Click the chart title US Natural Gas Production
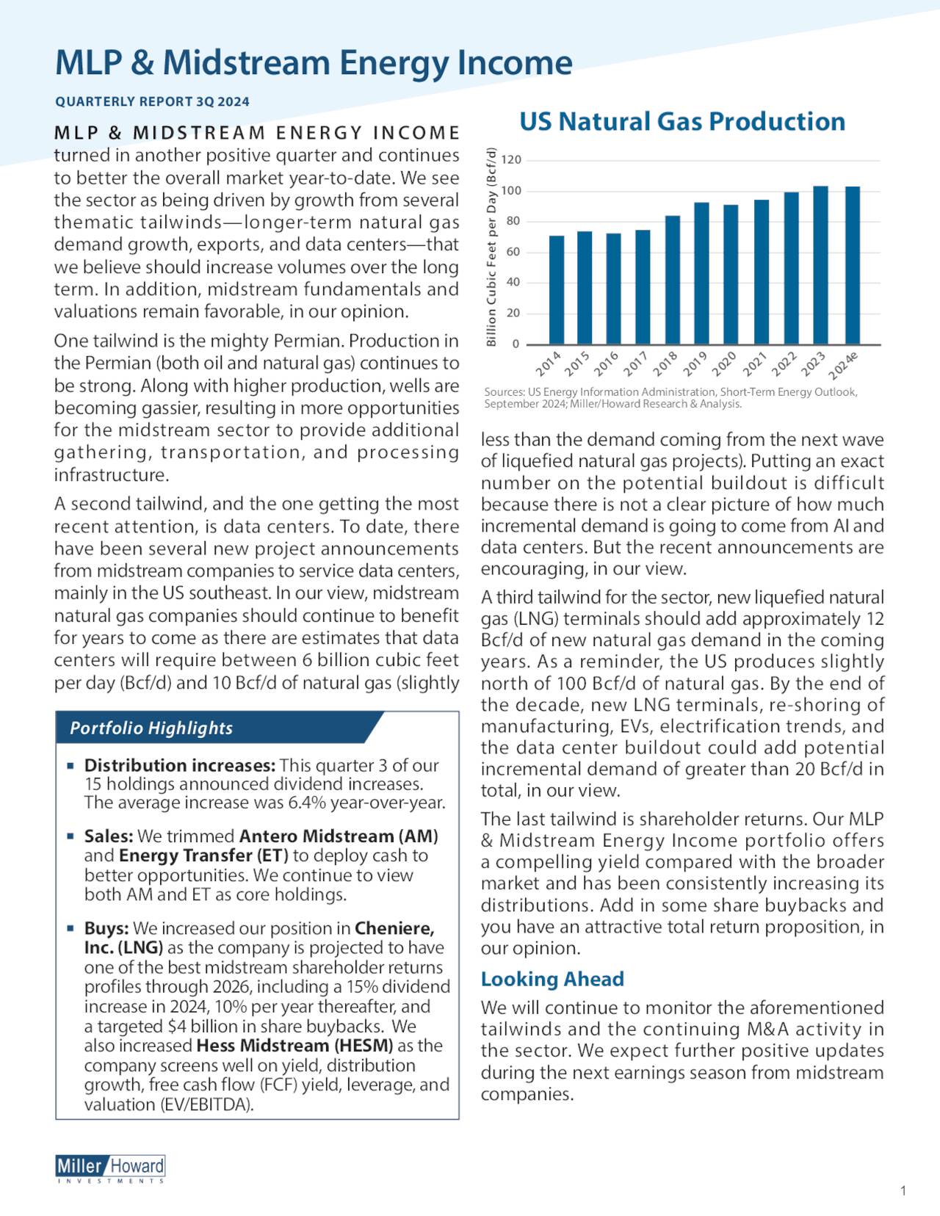point(681,122)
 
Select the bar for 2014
point(557,290)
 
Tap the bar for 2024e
point(852,265)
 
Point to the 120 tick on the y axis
point(511,160)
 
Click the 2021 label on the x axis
point(755,363)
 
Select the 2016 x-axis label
point(607,363)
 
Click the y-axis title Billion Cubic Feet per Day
point(492,247)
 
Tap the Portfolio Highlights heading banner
point(151,728)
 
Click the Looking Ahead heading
point(552,979)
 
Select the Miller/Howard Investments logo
point(110,1168)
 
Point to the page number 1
point(903,1191)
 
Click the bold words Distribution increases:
point(179,765)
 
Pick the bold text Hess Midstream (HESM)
point(294,1045)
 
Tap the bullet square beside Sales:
point(70,836)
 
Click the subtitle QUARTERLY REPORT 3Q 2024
point(152,102)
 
